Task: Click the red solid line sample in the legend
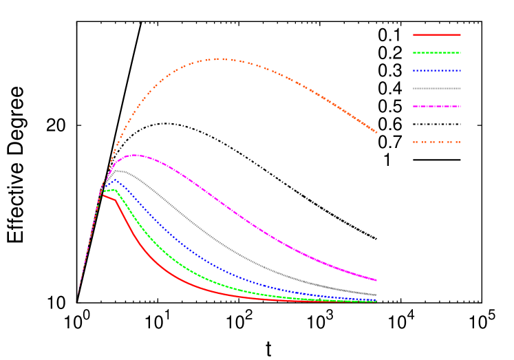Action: pyautogui.click(x=436, y=34)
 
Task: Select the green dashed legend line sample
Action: pyautogui.click(x=436, y=52)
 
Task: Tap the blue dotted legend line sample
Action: pyautogui.click(x=436, y=70)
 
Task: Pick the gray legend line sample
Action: pyautogui.click(x=436, y=88)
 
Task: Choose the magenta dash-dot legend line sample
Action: pyautogui.click(x=436, y=106)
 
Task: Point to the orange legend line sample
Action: pyautogui.click(x=436, y=142)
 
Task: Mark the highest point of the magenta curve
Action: pyautogui.click(x=134, y=155)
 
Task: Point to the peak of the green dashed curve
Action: pyautogui.click(x=114, y=189)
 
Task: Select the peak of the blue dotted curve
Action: pyautogui.click(x=111, y=180)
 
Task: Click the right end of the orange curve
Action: pyautogui.click(x=376, y=132)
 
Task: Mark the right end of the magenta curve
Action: pyautogui.click(x=376, y=280)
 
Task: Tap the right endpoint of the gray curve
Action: pyautogui.click(x=376, y=295)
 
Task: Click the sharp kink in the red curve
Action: pyautogui.click(x=116, y=200)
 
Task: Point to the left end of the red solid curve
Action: pyautogui.click(x=103, y=195)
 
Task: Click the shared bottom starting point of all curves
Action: pyautogui.click(x=77, y=301)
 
